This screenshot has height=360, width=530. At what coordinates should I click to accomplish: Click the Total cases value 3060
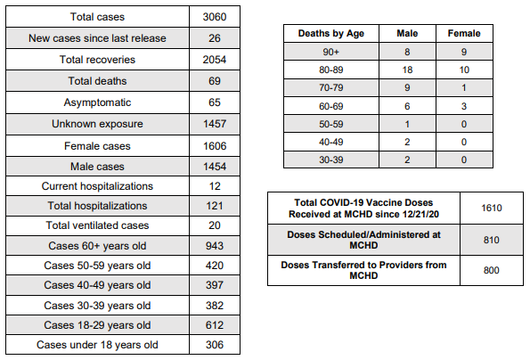215,17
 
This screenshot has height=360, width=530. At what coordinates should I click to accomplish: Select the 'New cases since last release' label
97,38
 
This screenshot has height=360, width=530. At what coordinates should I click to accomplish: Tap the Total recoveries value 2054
215,60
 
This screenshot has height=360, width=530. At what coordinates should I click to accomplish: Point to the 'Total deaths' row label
97,81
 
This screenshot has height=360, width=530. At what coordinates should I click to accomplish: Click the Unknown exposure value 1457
215,124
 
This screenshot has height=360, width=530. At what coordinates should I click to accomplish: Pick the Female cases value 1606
215,146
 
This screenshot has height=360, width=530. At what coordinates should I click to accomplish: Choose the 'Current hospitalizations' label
97,186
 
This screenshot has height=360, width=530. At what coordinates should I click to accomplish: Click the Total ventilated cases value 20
215,225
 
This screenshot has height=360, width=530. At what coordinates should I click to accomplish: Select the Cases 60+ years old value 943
215,246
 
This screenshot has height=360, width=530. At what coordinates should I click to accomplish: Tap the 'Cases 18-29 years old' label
97,325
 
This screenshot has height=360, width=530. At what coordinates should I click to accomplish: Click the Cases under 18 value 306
215,345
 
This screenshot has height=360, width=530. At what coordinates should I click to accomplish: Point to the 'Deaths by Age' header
330,34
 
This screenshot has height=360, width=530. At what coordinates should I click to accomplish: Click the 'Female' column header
464,33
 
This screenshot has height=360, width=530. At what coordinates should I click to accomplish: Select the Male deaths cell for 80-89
407,70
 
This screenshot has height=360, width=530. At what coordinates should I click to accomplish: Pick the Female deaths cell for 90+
464,52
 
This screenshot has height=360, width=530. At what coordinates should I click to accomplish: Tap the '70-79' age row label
330,88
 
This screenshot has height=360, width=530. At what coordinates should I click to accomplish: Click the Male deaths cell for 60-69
407,106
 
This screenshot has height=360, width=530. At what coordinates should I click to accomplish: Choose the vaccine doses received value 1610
492,208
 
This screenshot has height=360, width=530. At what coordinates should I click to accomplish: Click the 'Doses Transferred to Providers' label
363,270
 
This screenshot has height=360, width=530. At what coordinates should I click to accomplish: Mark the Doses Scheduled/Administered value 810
492,240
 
